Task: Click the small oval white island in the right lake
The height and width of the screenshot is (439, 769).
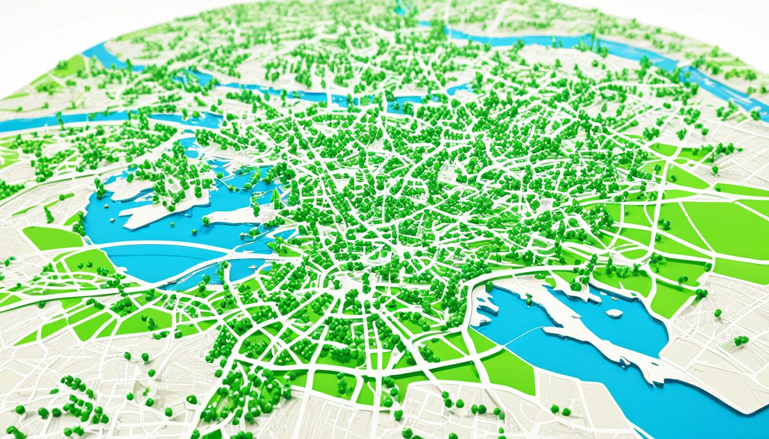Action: [x=614, y=313]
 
